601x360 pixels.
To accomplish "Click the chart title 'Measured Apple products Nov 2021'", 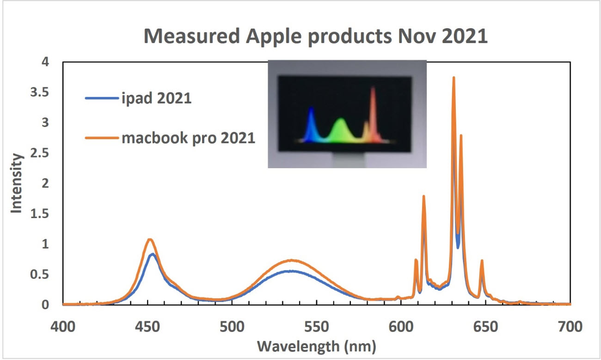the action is coord(315,36).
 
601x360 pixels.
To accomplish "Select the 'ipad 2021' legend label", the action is coord(156,98).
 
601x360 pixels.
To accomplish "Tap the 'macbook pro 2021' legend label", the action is coord(188,138).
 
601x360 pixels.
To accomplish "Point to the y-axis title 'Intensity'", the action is coord(16,183).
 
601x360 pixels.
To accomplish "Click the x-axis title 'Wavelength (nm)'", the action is coord(317,346).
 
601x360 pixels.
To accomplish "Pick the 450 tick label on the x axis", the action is coord(147,327).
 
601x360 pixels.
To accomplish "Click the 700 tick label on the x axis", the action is coord(570,327).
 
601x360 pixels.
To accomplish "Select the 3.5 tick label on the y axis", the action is coord(39,92).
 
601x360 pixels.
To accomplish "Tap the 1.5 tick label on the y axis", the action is coord(39,214).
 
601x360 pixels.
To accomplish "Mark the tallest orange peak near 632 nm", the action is coord(454,78).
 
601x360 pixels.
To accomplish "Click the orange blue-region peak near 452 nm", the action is coord(150,239).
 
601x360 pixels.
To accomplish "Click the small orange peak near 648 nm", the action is coord(482,261).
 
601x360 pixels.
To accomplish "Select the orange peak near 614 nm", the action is coord(423,196).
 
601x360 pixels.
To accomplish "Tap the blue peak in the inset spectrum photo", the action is coord(311,107).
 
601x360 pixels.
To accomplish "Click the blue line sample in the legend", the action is coord(102,98).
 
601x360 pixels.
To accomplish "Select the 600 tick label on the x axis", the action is coord(401,327).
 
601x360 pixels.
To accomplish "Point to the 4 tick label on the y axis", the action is coord(45,62).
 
